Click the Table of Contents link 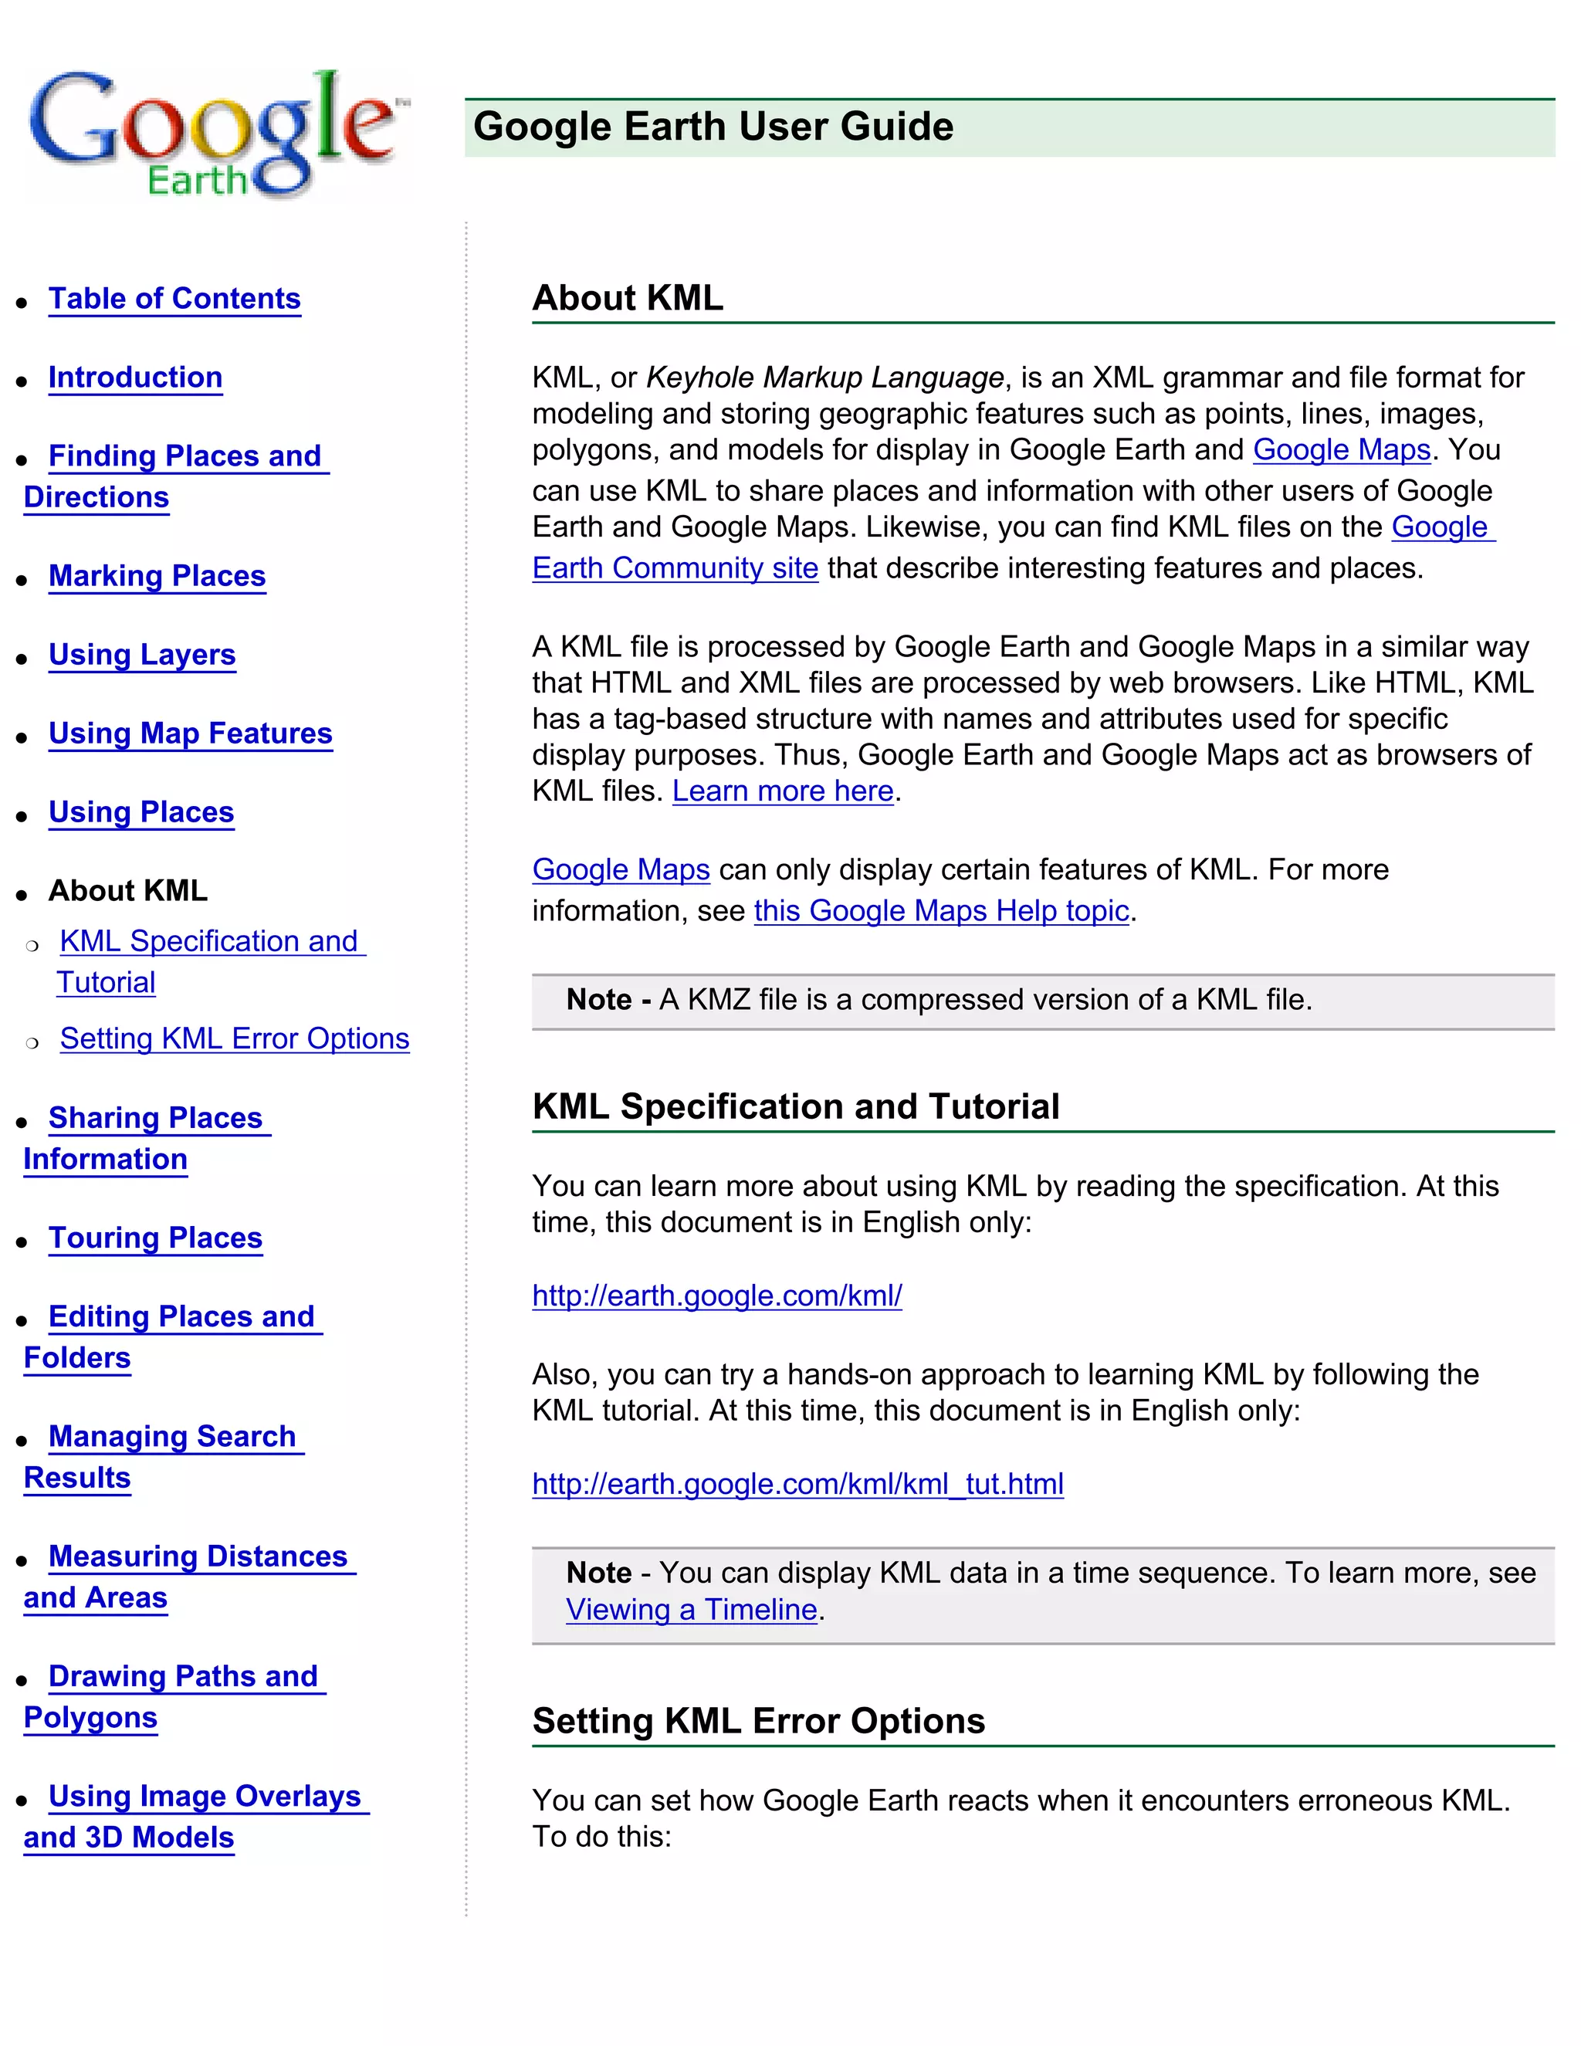point(174,299)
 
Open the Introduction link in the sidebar point(135,378)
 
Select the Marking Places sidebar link point(157,576)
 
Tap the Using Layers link point(141,655)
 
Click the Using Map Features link point(190,733)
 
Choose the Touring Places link point(154,1238)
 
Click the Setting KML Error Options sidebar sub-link point(234,1039)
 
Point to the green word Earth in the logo point(197,180)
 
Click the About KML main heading point(628,298)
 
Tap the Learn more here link point(782,791)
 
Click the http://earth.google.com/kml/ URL point(716,1296)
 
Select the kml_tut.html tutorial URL point(797,1485)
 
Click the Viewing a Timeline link point(691,1611)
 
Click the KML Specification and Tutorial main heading point(795,1107)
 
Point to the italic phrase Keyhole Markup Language point(824,378)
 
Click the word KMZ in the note point(719,1001)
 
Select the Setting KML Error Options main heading point(758,1722)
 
